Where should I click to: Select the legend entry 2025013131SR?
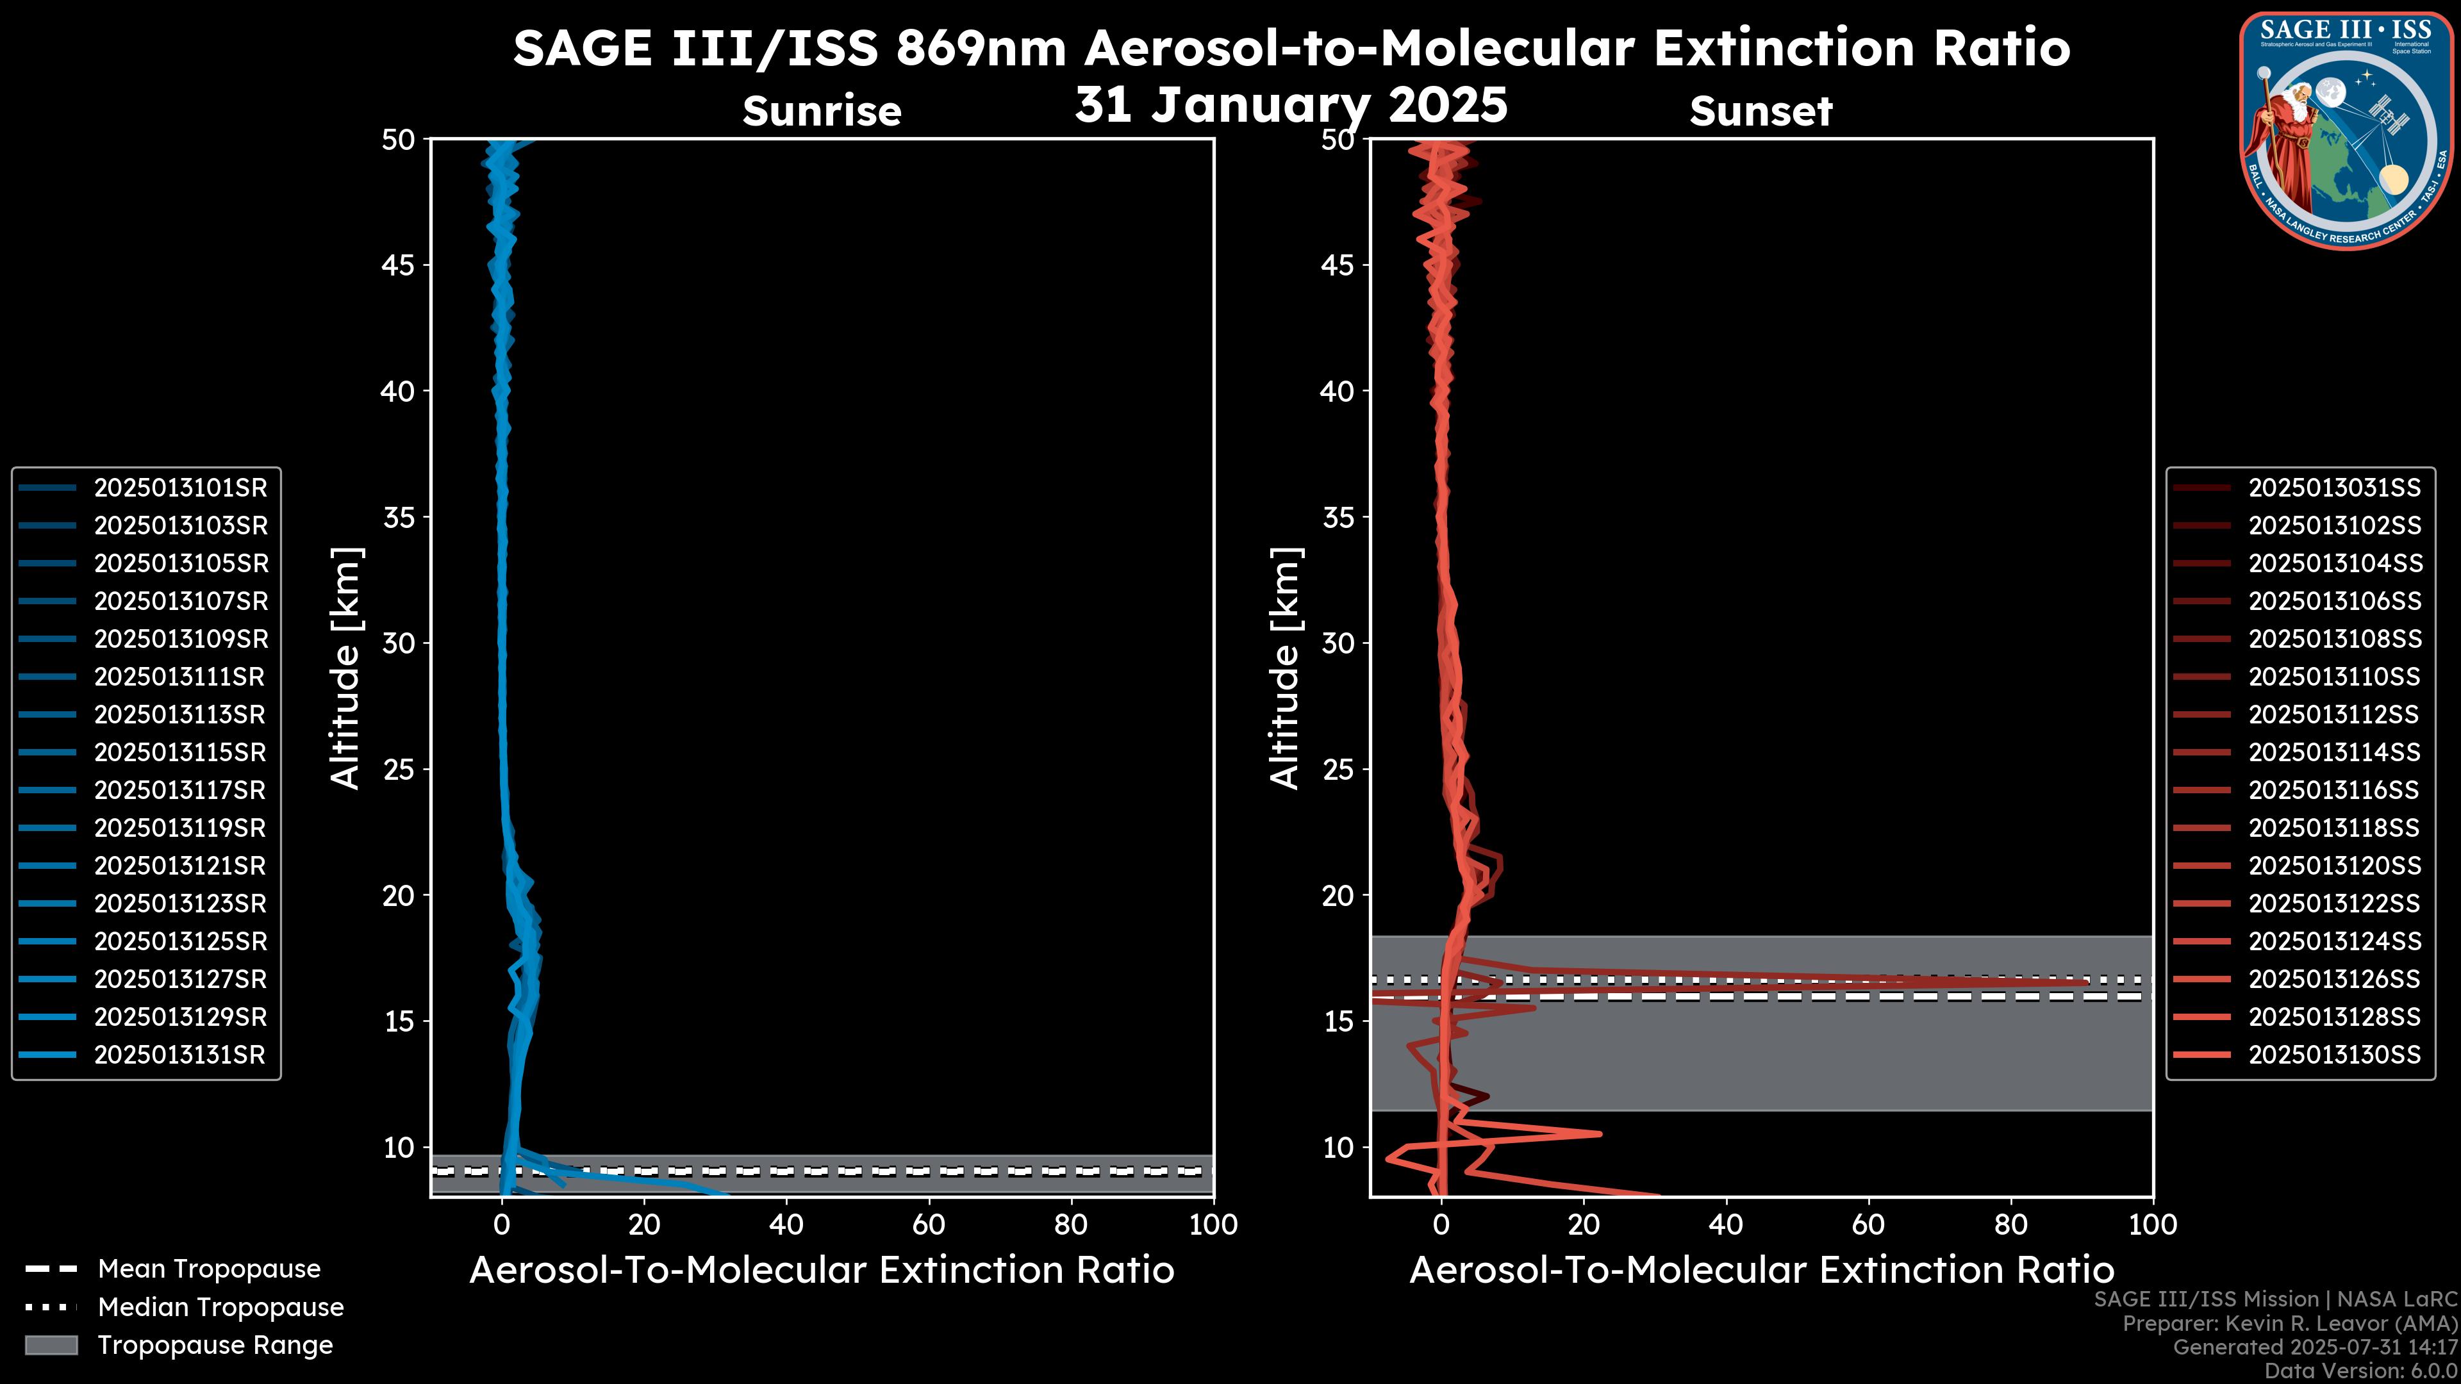coord(179,1055)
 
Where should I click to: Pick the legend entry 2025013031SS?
coord(2334,488)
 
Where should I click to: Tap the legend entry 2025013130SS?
coord(2334,1055)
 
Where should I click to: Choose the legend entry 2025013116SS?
coord(2334,791)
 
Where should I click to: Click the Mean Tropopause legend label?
coord(209,1269)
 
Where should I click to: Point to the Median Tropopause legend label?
coord(220,1308)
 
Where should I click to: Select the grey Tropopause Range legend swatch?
coord(51,1346)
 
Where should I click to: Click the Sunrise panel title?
coord(822,111)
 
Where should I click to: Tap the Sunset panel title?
coord(1761,111)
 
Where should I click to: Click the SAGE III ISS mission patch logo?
coord(2346,130)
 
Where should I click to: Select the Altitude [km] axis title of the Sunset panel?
coord(1286,668)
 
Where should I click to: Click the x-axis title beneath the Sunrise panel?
coord(822,1271)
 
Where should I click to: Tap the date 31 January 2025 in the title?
coord(1291,105)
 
